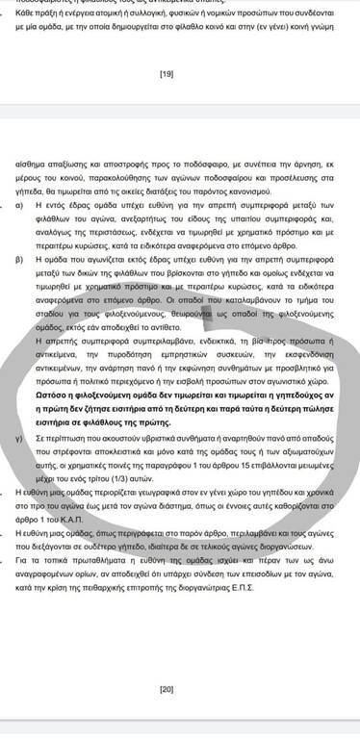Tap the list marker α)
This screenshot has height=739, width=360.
[18, 205]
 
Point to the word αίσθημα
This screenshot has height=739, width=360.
[30, 165]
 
